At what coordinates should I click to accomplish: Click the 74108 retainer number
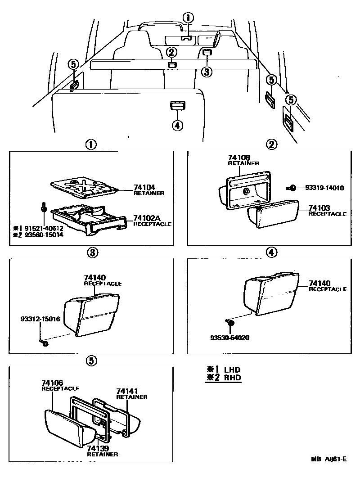(x=238, y=158)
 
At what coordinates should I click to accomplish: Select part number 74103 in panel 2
(x=319, y=208)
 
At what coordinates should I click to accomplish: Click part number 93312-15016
(x=40, y=319)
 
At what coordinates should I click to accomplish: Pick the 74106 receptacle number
(x=52, y=382)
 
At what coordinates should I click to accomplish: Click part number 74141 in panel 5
(x=127, y=391)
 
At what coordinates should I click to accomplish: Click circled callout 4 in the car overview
(x=177, y=125)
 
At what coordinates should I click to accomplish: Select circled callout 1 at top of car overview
(x=188, y=18)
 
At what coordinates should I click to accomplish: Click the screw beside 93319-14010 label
(x=292, y=188)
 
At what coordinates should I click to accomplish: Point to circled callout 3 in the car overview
(x=206, y=71)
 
